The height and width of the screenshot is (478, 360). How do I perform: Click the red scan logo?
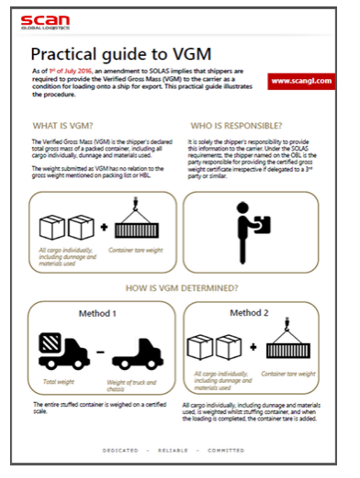45,21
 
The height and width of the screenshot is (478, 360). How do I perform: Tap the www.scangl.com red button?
301,81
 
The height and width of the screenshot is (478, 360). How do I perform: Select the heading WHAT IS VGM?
63,126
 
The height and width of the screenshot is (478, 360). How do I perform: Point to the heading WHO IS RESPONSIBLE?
236,126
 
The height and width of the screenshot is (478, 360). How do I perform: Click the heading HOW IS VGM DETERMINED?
182,288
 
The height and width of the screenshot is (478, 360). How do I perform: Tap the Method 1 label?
97,313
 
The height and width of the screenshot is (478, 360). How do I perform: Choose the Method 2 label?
249,313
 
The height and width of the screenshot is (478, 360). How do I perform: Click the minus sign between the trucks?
100,352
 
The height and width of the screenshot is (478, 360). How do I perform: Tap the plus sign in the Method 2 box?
253,347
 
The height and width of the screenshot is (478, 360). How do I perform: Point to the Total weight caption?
59,382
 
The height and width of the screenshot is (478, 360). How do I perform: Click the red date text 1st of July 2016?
70,71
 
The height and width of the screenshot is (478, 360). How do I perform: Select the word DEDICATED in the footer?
120,450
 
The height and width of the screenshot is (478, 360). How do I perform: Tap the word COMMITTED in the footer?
226,450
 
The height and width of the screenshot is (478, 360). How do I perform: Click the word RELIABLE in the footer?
173,450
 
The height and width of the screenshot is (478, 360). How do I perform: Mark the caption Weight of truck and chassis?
131,385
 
